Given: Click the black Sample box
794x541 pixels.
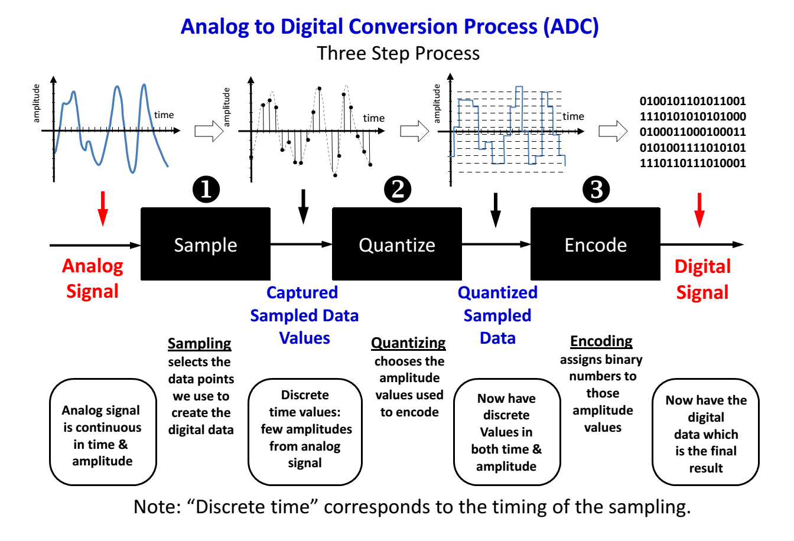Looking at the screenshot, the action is (x=206, y=244).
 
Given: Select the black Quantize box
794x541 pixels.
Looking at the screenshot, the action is (x=397, y=244).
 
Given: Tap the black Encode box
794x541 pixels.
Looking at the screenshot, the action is (x=595, y=244).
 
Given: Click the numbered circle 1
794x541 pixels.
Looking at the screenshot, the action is (x=206, y=189).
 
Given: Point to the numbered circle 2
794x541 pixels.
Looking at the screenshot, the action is (x=398, y=189).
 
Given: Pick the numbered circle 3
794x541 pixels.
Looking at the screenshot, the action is (x=596, y=189).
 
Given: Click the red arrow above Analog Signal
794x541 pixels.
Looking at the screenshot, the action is (x=103, y=208).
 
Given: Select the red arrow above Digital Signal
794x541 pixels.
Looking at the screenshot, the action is (x=699, y=210).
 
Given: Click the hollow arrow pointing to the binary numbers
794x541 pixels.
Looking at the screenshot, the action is (x=613, y=131).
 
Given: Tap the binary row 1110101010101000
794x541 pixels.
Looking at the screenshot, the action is (x=692, y=116).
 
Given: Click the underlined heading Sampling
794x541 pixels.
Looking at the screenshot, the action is (x=200, y=343).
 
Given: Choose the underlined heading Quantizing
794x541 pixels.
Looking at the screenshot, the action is (x=408, y=343).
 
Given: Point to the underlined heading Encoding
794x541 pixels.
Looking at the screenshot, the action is (x=601, y=341).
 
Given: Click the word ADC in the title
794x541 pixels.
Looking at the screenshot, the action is (x=571, y=27).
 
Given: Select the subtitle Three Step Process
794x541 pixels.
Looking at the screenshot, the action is (x=398, y=54).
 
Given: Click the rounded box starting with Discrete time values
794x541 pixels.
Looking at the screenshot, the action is (x=305, y=432).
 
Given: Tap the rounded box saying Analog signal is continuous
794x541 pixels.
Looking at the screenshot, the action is (x=103, y=432).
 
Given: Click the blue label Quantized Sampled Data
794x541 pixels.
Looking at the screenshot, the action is (x=497, y=315).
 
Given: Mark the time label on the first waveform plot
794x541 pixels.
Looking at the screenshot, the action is (x=164, y=115).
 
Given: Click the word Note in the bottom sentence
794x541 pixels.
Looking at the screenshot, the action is (x=157, y=507).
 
